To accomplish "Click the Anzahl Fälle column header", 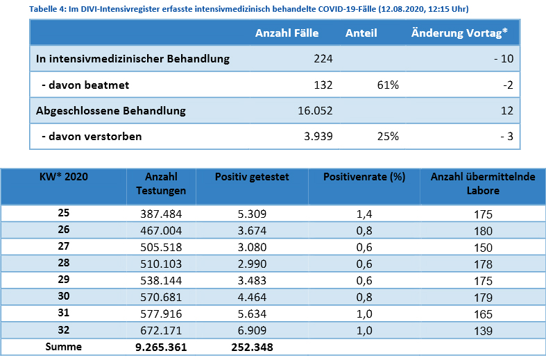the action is pyautogui.click(x=287, y=33).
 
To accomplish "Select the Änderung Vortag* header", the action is pyautogui.click(x=459, y=33).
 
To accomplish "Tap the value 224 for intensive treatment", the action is pyautogui.click(x=323, y=58).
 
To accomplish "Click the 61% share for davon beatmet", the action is pyautogui.click(x=388, y=85).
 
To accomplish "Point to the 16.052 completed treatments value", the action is pyautogui.click(x=315, y=111).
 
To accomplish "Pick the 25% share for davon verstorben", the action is pyautogui.click(x=388, y=136).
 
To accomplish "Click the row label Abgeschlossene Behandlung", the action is pyautogui.click(x=111, y=111).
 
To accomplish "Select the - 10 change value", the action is pyautogui.click(x=504, y=58).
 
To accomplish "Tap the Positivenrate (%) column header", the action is pyautogui.click(x=364, y=177).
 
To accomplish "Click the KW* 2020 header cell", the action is pyautogui.click(x=63, y=176).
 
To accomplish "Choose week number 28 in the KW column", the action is pyautogui.click(x=63, y=262).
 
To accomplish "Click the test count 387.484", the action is pyautogui.click(x=161, y=214).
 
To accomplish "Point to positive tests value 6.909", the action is pyautogui.click(x=252, y=330).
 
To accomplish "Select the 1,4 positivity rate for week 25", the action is pyautogui.click(x=364, y=214).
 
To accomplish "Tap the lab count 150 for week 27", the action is pyautogui.click(x=483, y=248).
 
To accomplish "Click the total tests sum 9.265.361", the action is pyautogui.click(x=161, y=347).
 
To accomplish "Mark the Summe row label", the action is pyautogui.click(x=63, y=346).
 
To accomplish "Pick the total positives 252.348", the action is pyautogui.click(x=252, y=347).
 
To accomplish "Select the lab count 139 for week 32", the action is pyautogui.click(x=483, y=331).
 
